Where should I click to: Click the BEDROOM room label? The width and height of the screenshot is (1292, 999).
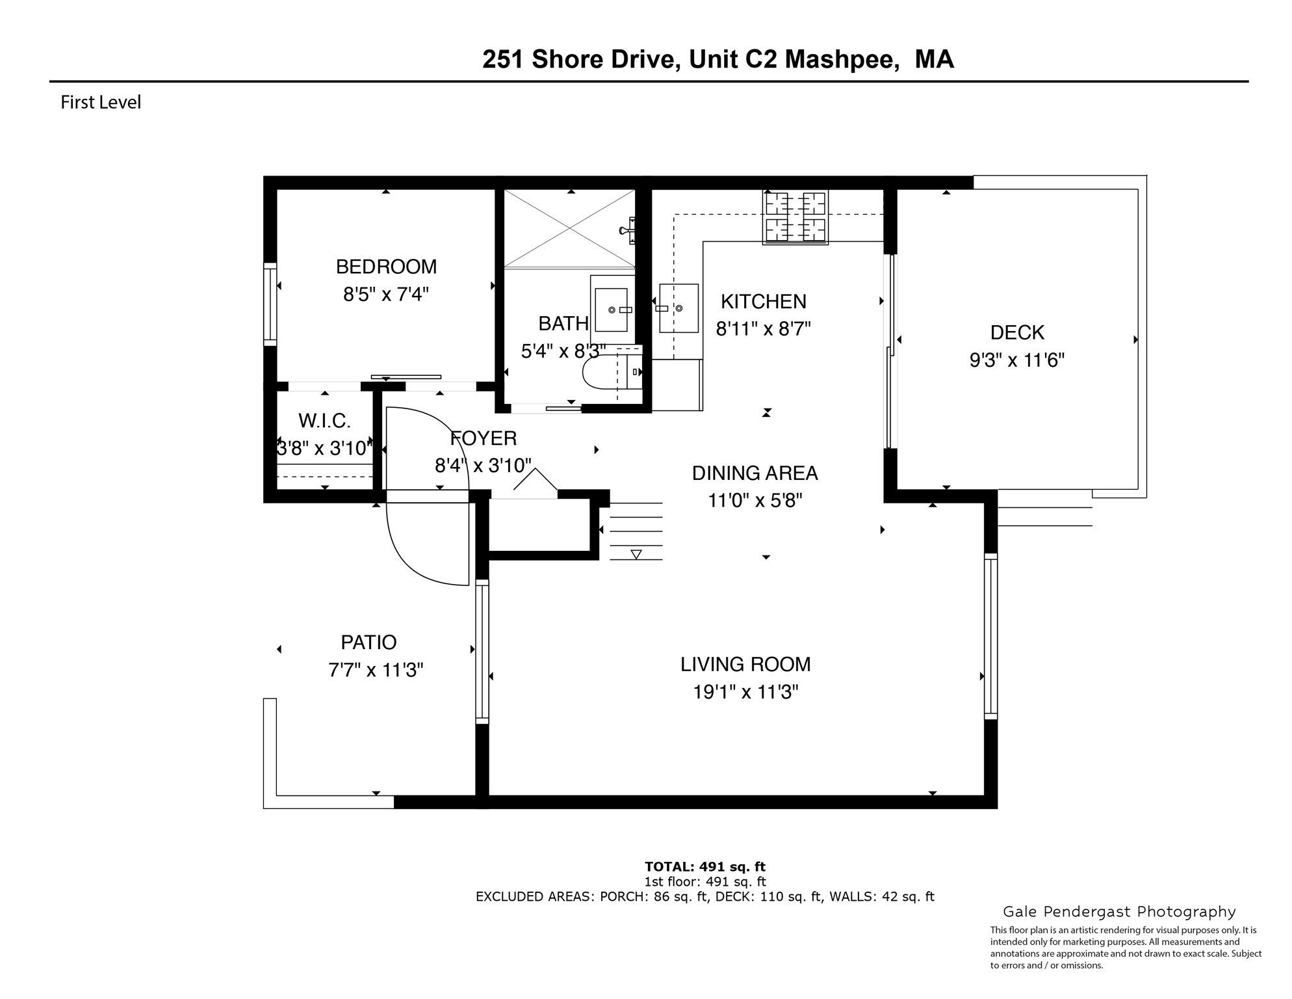(386, 267)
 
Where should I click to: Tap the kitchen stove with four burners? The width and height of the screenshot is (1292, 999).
(795, 217)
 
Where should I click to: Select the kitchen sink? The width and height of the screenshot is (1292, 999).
(678, 308)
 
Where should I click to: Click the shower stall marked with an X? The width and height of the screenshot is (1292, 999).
(569, 228)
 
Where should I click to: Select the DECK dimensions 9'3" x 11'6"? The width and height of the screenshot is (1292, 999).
(1016, 360)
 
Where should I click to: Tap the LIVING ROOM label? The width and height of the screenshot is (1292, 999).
(745, 664)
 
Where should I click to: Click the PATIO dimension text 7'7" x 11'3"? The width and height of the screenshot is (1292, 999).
(376, 670)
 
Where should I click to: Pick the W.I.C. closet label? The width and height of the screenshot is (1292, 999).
(324, 421)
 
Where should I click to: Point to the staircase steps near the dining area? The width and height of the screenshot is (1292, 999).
(636, 531)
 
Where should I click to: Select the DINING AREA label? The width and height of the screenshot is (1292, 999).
(755, 473)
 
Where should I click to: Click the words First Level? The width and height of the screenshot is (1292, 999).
(101, 103)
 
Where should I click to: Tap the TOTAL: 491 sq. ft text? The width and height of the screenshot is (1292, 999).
(704, 866)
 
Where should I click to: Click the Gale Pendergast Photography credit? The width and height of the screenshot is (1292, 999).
(1118, 912)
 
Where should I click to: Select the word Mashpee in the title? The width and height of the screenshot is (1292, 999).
(842, 59)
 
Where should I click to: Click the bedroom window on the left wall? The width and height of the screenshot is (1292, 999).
(270, 304)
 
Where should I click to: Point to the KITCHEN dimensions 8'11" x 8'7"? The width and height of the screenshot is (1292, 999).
(763, 329)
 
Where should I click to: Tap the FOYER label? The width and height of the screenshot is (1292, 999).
(484, 438)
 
